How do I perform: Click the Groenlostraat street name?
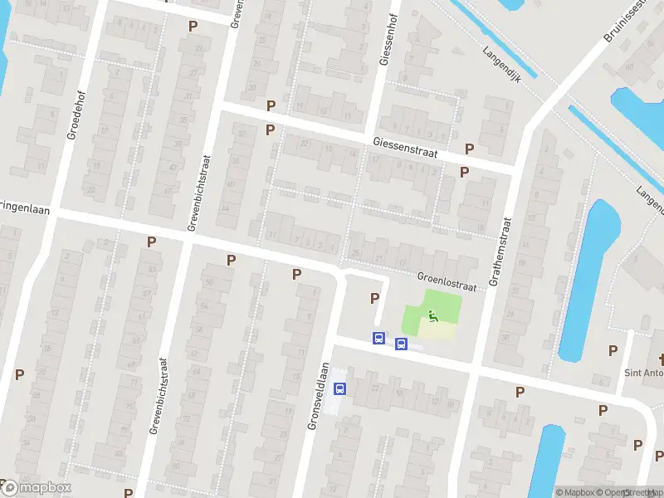pos(447,283)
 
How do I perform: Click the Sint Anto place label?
pos(643,373)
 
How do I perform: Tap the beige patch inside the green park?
pos(437,330)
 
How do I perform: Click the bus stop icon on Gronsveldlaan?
pos(339,388)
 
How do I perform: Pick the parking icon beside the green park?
pos(374,298)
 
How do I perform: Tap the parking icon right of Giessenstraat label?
pos(470,149)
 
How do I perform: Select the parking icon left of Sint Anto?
pos(613,350)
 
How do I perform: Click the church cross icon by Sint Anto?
pos(661,359)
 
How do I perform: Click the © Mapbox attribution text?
pos(574,492)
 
